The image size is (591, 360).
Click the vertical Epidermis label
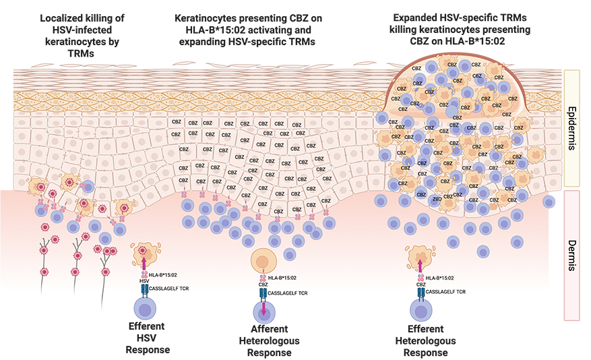tap(572, 128)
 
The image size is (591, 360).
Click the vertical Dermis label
tap(572, 256)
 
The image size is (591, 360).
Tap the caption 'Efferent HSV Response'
tap(148, 338)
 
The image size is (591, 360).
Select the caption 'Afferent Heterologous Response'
tap(269, 340)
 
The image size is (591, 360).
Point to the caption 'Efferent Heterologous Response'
tap(425, 340)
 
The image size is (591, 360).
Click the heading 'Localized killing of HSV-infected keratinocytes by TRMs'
tap(82, 36)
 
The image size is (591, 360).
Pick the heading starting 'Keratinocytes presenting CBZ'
tap(248, 30)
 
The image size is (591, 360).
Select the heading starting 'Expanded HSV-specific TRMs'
tap(460, 29)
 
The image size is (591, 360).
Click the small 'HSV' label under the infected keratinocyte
tap(144, 281)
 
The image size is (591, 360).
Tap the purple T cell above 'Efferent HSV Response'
tap(146, 308)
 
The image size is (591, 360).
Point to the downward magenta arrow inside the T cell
tap(263, 307)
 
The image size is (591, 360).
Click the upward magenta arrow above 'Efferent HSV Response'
tap(144, 264)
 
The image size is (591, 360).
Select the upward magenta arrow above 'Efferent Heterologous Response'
tap(421, 266)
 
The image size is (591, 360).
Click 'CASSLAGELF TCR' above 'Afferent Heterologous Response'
tap(288, 293)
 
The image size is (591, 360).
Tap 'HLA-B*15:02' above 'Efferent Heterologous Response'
tap(439, 278)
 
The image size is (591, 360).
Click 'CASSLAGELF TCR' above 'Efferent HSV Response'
tap(169, 289)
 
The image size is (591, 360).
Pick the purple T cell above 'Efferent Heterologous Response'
tap(421, 310)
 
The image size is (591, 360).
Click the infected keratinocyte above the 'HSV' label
tap(145, 253)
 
